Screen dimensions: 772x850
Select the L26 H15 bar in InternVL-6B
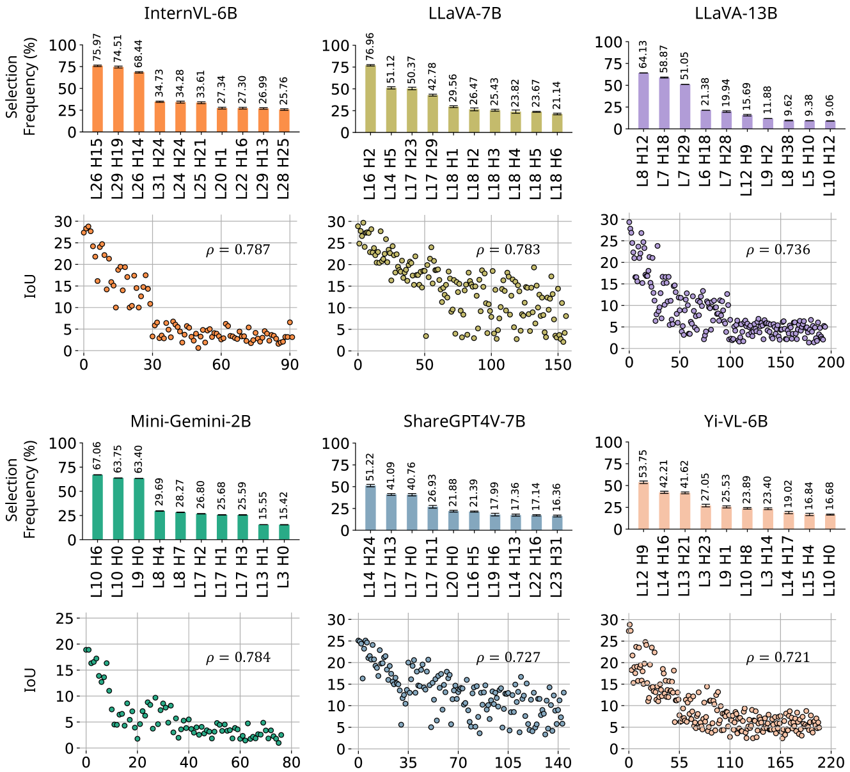click(x=97, y=99)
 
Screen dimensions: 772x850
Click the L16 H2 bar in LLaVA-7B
click(x=370, y=99)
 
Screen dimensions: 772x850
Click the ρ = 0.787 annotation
click(x=238, y=250)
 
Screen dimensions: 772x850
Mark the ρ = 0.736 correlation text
click(x=778, y=250)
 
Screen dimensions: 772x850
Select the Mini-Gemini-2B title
click(x=191, y=421)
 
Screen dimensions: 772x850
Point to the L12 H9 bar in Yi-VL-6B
click(x=643, y=505)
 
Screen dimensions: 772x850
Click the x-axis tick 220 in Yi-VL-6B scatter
click(x=831, y=762)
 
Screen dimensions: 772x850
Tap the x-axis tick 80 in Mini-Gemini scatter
click(x=291, y=762)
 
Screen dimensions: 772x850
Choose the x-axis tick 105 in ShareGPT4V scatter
click(x=507, y=762)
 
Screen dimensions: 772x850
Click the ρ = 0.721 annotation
click(x=778, y=658)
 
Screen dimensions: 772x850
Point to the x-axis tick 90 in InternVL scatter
click(x=290, y=365)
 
